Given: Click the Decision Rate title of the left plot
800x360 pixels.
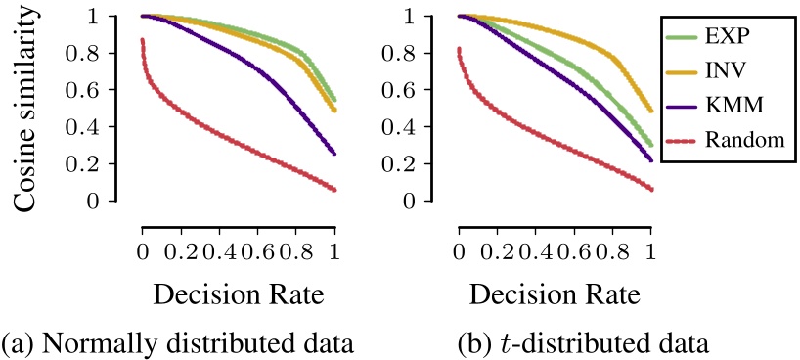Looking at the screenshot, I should click(239, 294).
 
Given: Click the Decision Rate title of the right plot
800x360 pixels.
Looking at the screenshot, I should click(555, 294).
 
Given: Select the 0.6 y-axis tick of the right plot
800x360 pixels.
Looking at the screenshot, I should click(410, 90).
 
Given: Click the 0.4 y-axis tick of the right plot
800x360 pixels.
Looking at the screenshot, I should click(410, 127).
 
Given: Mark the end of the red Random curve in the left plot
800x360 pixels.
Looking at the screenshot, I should click(334, 190).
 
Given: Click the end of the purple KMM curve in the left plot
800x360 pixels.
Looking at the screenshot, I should click(334, 154).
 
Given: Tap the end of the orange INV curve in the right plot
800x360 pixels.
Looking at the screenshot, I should click(650, 111).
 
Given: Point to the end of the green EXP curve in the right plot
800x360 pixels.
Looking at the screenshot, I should click(650, 145).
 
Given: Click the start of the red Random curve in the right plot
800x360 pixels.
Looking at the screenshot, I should click(458, 49).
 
